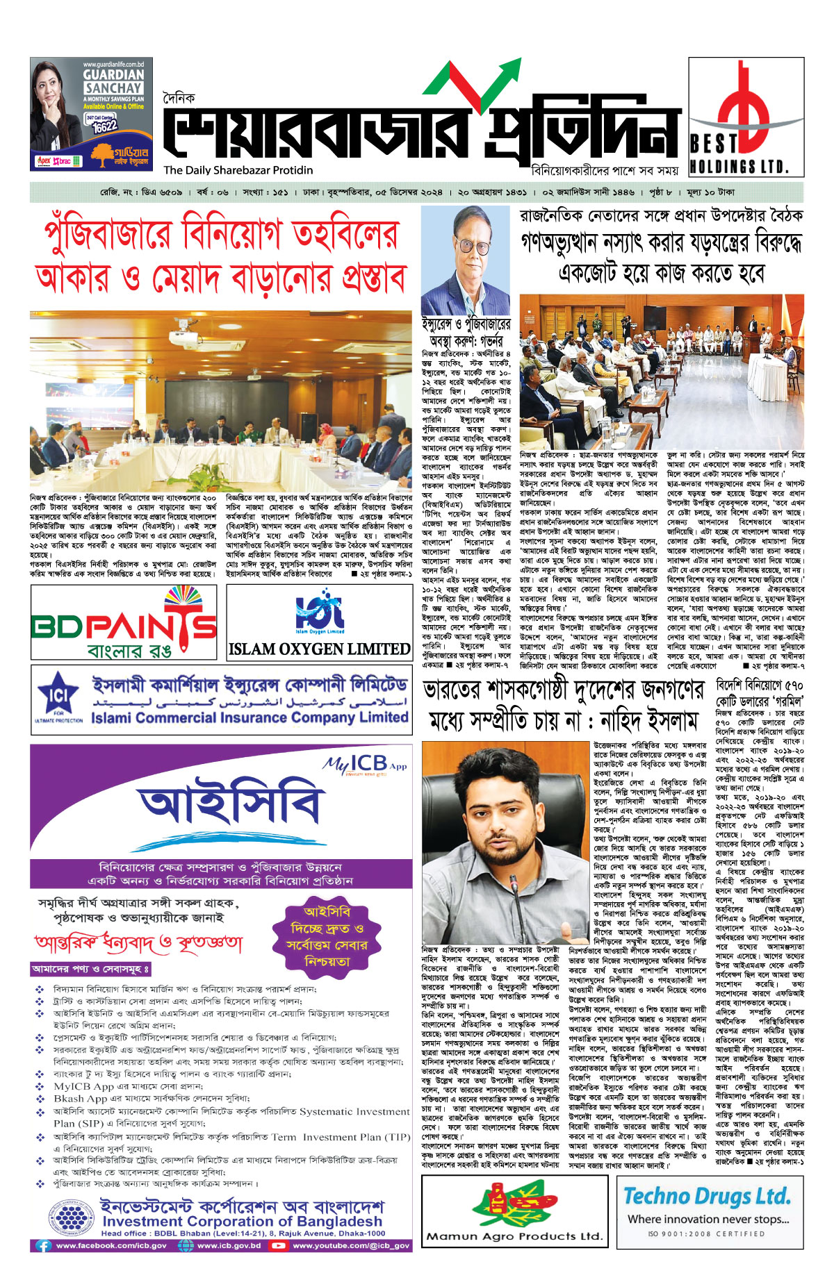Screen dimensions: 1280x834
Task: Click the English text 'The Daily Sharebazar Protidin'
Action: pyautogui.click(x=238, y=170)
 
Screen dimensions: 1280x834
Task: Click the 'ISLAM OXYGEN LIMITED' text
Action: pyautogui.click(x=319, y=649)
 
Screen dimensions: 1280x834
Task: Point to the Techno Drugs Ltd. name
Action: pyautogui.click(x=707, y=1196)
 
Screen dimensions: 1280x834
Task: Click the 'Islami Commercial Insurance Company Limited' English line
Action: pyautogui.click(x=249, y=718)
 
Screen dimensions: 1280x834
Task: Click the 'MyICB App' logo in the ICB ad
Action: pyautogui.click(x=364, y=764)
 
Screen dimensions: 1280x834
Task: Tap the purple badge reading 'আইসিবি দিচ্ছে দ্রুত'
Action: pyautogui.click(x=327, y=936)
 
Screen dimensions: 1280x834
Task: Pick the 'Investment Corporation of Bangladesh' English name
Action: pyautogui.click(x=242, y=1221)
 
